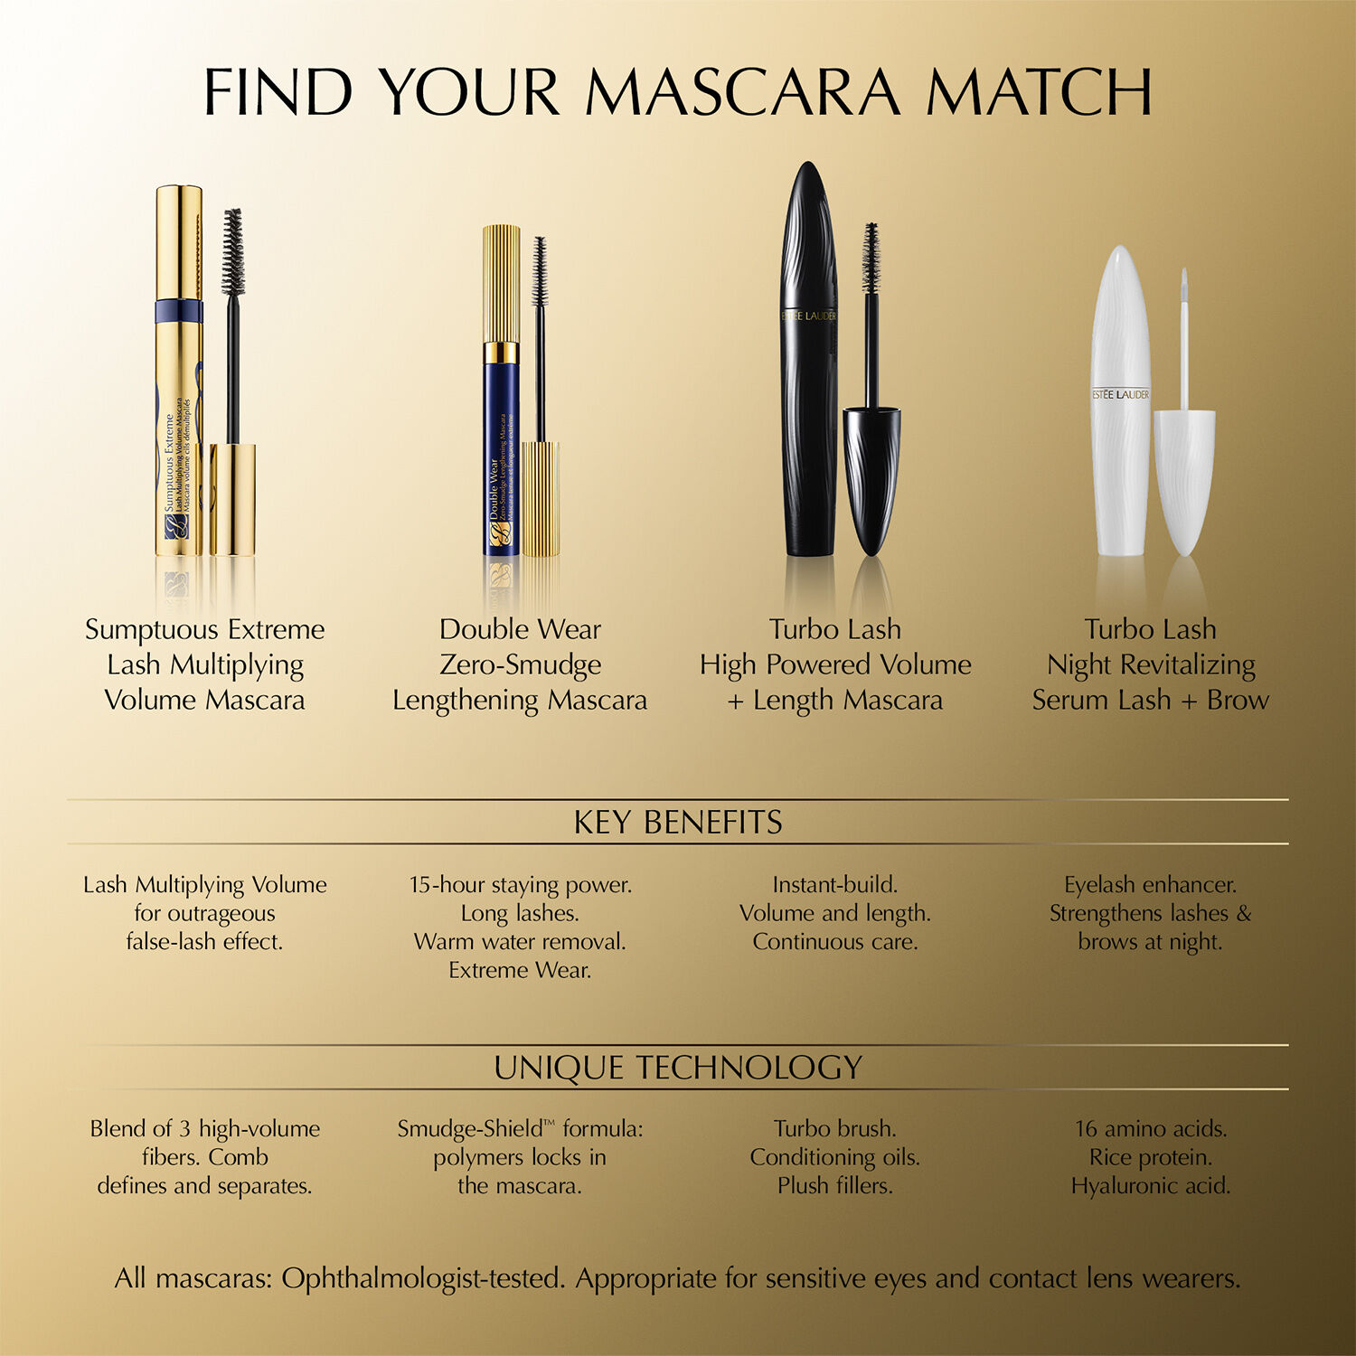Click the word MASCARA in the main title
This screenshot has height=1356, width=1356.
coord(742,92)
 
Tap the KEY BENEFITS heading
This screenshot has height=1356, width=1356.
coord(678,823)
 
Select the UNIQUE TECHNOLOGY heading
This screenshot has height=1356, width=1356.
coord(678,1068)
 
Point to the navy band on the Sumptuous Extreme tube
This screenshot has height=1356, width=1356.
coord(178,311)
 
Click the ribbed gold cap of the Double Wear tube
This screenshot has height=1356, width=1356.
coord(501,282)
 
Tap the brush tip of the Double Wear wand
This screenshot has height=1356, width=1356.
coord(540,269)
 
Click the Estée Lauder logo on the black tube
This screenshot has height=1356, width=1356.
coord(809,316)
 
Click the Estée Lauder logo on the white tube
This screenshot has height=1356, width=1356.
coord(1120,395)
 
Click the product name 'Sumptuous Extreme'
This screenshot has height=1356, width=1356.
coord(204,629)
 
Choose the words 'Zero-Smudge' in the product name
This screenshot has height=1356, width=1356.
coord(520,664)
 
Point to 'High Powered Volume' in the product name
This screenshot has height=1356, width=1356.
coord(835,664)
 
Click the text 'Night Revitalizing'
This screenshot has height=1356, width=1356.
coord(1151,664)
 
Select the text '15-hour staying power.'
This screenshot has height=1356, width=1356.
coord(520,884)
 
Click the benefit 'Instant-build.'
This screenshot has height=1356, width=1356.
coord(835,884)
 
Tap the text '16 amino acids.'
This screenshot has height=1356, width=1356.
coord(1151,1128)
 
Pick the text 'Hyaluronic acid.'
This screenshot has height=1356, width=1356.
coord(1151,1185)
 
